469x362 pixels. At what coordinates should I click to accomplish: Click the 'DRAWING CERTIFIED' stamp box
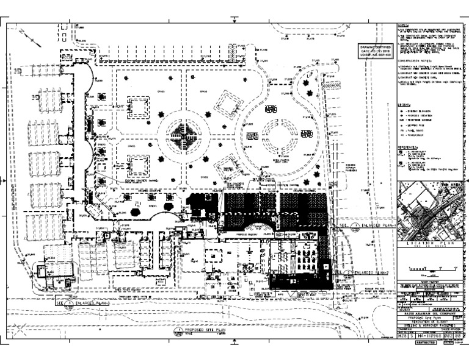[373, 50]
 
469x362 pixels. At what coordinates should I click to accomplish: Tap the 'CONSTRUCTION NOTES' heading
[415, 62]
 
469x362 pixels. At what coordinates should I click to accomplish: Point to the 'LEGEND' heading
[404, 105]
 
